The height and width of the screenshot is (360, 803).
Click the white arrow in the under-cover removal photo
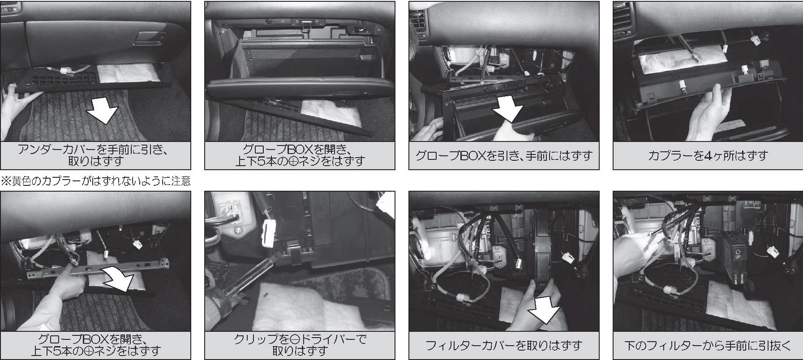103,111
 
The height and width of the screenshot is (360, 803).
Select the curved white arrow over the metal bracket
118,277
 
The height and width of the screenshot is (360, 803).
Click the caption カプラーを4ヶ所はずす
708,156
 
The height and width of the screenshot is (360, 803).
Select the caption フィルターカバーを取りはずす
504,346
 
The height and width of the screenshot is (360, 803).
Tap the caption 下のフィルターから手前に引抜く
708,346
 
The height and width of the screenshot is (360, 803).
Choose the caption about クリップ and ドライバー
300,345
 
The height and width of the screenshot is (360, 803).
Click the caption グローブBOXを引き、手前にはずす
504,156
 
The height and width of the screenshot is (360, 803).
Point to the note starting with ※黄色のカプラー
96,181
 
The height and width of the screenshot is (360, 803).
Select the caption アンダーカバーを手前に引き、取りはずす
95,155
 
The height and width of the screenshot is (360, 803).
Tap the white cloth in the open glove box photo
331,113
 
